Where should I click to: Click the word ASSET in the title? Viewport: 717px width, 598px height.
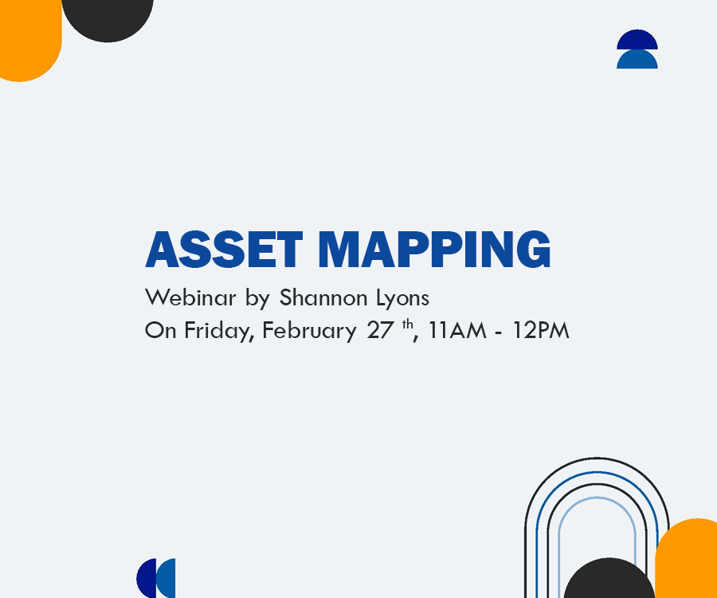[x=224, y=250]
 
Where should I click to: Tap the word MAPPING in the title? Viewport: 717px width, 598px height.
[x=434, y=250]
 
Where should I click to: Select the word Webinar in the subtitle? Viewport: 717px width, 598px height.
[x=190, y=297]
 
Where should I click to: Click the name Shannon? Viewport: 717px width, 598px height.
[x=323, y=297]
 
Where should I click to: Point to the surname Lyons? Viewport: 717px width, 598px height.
[x=402, y=298]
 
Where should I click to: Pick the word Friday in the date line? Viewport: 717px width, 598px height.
[x=219, y=331]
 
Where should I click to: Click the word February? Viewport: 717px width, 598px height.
[x=309, y=331]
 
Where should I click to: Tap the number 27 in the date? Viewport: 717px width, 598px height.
[x=380, y=330]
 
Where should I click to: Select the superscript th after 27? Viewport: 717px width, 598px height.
[x=407, y=325]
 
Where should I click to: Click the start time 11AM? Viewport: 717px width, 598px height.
[x=457, y=330]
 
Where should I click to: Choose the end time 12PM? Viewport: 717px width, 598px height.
[x=541, y=330]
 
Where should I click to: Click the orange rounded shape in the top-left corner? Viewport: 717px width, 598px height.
[x=30, y=40]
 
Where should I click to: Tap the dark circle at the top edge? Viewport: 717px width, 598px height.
[x=108, y=18]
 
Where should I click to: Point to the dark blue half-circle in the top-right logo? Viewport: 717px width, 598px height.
[x=637, y=38]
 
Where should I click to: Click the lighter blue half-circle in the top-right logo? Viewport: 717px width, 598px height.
[x=637, y=60]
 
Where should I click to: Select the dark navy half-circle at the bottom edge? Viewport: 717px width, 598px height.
[x=146, y=578]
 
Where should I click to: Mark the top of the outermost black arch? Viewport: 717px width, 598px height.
[x=597, y=458]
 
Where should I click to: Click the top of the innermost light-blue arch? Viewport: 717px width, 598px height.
[x=597, y=498]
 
